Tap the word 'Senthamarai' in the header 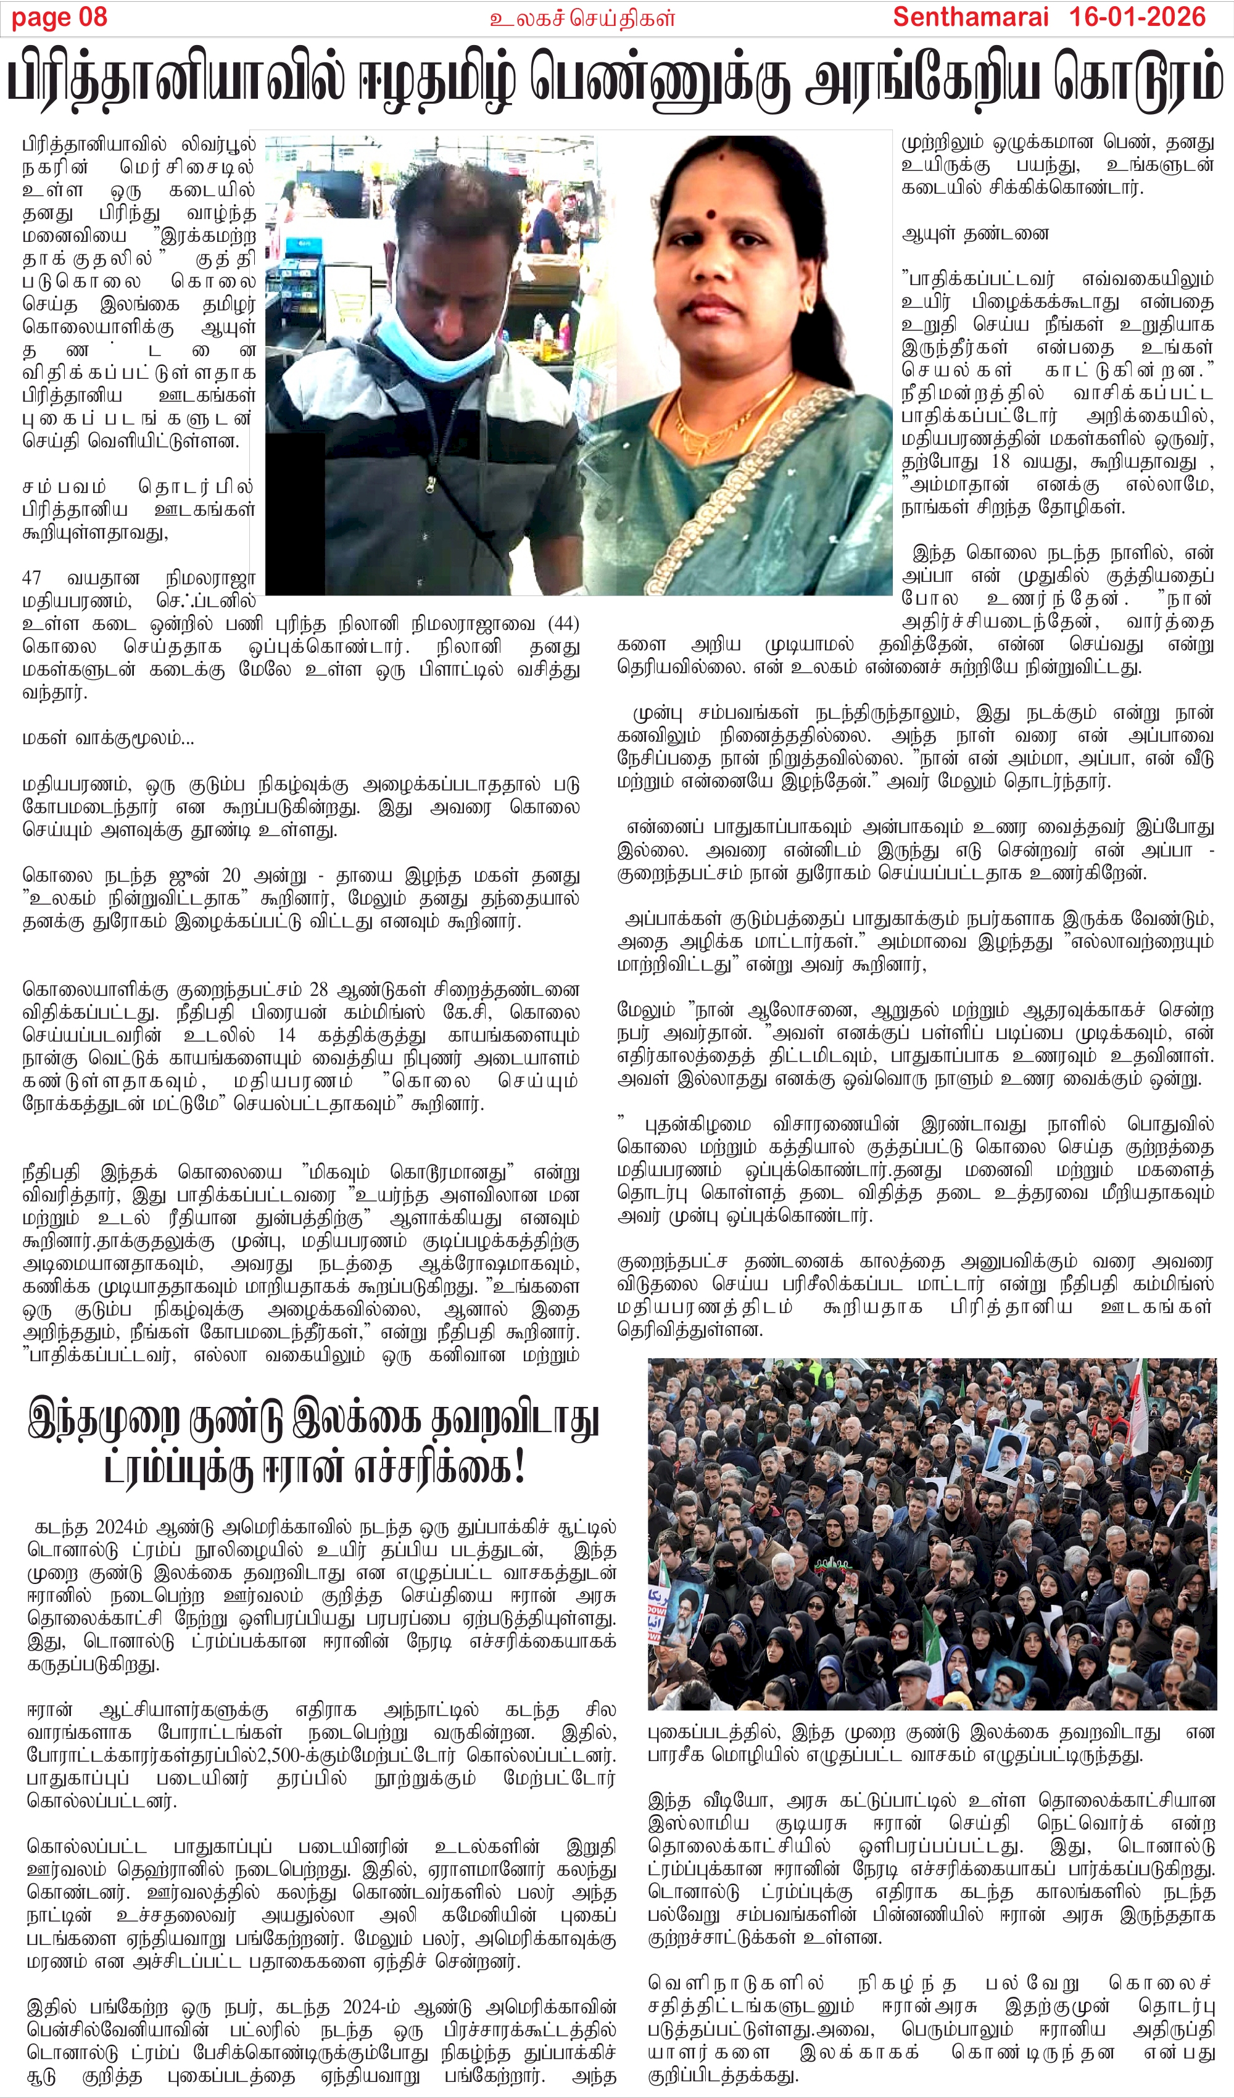pos(970,17)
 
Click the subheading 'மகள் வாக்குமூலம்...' pos(108,737)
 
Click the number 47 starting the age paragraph pos(31,578)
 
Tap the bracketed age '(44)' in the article pos(564,624)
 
